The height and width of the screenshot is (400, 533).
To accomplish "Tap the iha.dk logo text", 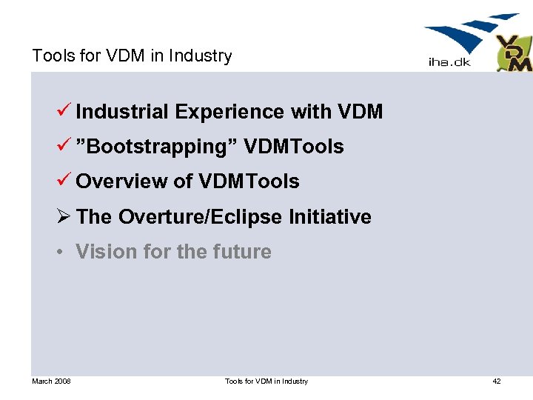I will pos(449,62).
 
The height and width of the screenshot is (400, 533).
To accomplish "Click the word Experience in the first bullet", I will pos(230,112).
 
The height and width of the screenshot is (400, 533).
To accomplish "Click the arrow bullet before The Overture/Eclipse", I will pos(64,216).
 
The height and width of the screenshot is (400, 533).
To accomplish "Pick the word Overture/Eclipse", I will pos(201,216).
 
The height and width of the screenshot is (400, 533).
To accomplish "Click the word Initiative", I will pos(330,216).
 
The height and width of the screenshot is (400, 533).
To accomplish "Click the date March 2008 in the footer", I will pos(51,381).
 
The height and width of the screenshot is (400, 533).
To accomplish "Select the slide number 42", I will pos(496,381).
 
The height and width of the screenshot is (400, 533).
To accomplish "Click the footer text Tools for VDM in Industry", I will pos(266,381).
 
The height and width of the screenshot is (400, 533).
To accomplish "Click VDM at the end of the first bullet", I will pos(360,112).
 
